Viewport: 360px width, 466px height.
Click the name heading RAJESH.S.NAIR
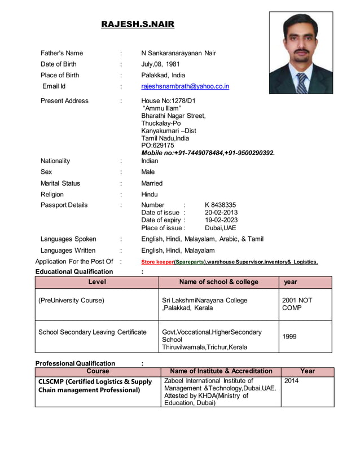pos(138,24)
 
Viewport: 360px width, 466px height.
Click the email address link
pos(185,86)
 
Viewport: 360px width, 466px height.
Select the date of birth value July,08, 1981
pos(160,64)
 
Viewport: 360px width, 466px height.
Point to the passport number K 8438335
pos(220,205)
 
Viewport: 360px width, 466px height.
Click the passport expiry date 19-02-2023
pos(221,220)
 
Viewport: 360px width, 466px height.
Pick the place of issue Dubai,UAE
pos(221,228)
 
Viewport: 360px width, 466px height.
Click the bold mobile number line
pos(208,153)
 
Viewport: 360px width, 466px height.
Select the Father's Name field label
pos(62,54)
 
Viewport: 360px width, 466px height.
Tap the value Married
pos(152,183)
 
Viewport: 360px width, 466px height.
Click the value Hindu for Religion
pos(150,195)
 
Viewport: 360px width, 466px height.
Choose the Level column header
pos(97,282)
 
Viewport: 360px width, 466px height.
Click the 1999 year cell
pos(289,337)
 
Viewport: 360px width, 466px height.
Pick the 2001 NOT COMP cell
pos(297,304)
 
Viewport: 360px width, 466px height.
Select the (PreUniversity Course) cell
pos(71,301)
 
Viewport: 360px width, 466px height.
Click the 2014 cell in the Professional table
pos(292,381)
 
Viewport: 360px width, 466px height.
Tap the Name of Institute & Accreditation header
pos(221,371)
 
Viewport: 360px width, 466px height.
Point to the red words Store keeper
pos(157,262)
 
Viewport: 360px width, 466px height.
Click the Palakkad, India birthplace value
pos(163,76)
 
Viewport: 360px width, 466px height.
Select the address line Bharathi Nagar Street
pos(173,116)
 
